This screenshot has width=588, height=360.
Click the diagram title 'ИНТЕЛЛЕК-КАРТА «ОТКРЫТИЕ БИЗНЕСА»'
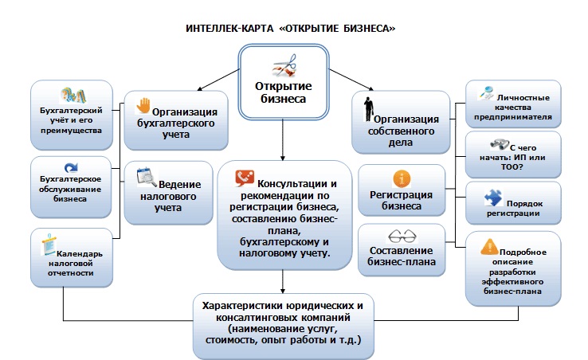[291, 29]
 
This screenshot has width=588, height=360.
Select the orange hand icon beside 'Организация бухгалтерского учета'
[143, 104]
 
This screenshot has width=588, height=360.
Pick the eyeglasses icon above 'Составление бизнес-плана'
[401, 236]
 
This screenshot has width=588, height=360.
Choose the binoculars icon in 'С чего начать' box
[499, 144]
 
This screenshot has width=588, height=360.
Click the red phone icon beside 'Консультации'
[245, 179]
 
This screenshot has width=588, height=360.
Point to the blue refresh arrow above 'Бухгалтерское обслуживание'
[71, 167]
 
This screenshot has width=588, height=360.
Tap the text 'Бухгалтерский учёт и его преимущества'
[70, 123]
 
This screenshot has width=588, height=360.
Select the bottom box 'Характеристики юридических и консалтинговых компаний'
[284, 322]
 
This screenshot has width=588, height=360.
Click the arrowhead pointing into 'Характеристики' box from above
[283, 289]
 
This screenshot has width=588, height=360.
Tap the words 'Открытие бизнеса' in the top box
[283, 92]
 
